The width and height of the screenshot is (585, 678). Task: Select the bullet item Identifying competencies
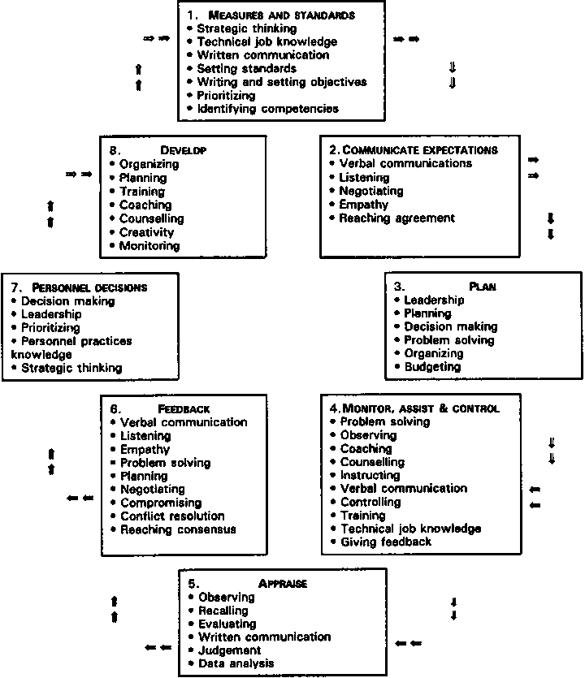click(x=267, y=108)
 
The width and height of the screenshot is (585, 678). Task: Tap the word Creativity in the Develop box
click(x=146, y=232)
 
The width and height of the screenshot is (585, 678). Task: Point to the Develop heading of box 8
click(x=183, y=150)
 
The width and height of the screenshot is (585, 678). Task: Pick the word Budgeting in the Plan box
click(x=432, y=366)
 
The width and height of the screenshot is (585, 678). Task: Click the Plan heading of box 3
click(x=483, y=287)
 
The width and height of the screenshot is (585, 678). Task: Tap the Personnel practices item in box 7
click(x=76, y=341)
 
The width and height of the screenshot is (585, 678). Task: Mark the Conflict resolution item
click(x=172, y=516)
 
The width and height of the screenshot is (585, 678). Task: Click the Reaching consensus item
click(x=177, y=529)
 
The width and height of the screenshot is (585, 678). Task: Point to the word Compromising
click(x=161, y=503)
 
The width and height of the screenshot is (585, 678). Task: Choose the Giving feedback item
click(x=386, y=542)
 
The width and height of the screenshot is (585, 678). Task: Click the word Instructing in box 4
click(x=370, y=475)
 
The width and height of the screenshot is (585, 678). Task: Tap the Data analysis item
click(x=236, y=663)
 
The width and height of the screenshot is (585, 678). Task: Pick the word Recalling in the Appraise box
click(x=227, y=610)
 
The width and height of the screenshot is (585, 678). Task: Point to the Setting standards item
click(x=246, y=68)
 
